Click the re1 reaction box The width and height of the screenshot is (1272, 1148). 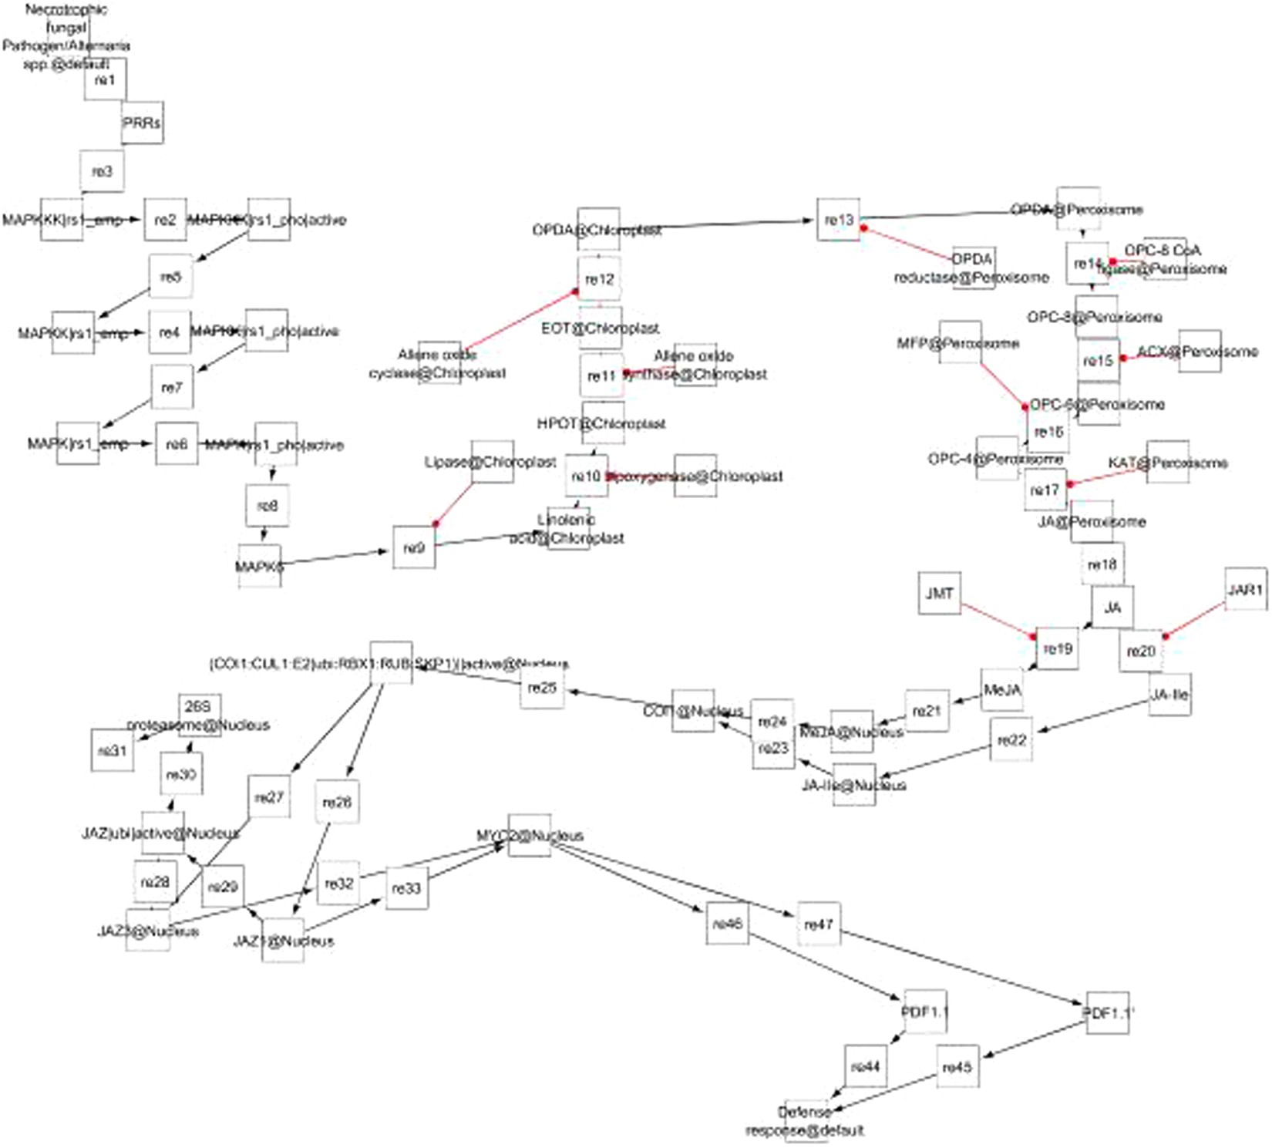click(106, 79)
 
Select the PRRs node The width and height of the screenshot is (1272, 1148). click(142, 123)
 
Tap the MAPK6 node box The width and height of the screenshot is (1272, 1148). click(260, 566)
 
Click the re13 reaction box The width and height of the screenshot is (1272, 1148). click(839, 220)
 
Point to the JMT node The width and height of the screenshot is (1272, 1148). click(939, 594)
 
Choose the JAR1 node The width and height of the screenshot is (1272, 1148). click(1245, 590)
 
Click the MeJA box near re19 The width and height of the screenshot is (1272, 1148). click(1002, 690)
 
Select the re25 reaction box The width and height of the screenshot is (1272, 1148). click(543, 687)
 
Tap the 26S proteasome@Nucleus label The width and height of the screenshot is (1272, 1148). click(199, 716)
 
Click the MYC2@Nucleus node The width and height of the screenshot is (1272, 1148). click(530, 836)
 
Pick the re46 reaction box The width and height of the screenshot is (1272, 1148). click(728, 923)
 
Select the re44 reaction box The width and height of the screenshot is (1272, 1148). click(866, 1066)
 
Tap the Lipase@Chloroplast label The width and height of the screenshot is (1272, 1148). click(491, 462)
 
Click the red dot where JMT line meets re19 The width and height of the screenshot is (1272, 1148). click(1034, 636)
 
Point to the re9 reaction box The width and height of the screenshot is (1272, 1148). click(414, 548)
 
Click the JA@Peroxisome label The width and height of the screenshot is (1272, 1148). click(1092, 522)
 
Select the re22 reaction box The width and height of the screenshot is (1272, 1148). click(1011, 740)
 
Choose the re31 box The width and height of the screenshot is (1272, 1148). click(113, 749)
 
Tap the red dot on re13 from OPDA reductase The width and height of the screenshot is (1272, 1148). click(864, 228)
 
